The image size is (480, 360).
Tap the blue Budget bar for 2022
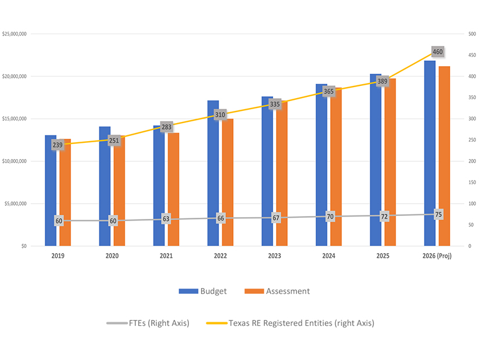pos(213,174)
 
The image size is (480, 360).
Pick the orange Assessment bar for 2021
pos(173,192)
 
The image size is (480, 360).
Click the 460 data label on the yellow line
pos(438,52)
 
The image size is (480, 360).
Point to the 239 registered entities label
pos(58,145)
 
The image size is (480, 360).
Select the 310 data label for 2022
pos(220,115)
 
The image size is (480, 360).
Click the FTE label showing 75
pos(438,214)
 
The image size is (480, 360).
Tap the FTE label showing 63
pos(166,219)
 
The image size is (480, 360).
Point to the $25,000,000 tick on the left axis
pos(15,34)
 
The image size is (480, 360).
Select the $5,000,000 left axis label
pos(16,204)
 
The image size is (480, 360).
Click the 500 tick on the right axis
pos(472,34)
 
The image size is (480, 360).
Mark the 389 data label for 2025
pos(382,82)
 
